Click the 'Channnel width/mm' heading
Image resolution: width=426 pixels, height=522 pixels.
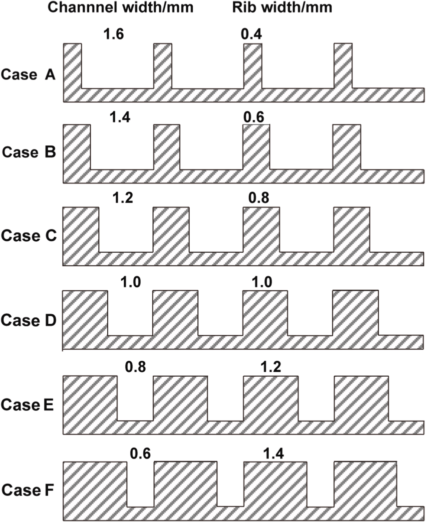tap(120, 7)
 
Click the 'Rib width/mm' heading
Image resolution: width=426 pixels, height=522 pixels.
tap(282, 7)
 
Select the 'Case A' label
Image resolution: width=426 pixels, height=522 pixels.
tap(28, 74)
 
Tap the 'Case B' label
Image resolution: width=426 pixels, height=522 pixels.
tap(29, 152)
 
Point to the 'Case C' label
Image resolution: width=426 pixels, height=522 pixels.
tap(28, 236)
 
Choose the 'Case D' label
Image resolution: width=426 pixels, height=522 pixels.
tap(28, 320)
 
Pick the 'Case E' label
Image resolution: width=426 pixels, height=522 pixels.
tap(27, 405)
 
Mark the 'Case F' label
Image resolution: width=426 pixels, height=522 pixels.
tap(28, 490)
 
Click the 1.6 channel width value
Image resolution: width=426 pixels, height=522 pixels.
tap(114, 34)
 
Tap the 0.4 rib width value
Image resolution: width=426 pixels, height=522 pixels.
tap(251, 34)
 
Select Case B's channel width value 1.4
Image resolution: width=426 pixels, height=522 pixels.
tap(120, 117)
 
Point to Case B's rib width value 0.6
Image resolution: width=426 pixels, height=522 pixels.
tap(254, 117)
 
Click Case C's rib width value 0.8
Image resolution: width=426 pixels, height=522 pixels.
tap(259, 198)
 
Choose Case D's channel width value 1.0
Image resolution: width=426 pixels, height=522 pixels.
tap(130, 282)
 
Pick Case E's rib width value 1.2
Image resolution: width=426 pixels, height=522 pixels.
tap(271, 367)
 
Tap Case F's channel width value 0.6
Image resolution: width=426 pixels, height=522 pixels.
tap(140, 453)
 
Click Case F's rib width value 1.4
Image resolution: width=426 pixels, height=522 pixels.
tap(274, 453)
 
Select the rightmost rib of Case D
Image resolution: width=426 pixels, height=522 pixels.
tap(356, 313)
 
